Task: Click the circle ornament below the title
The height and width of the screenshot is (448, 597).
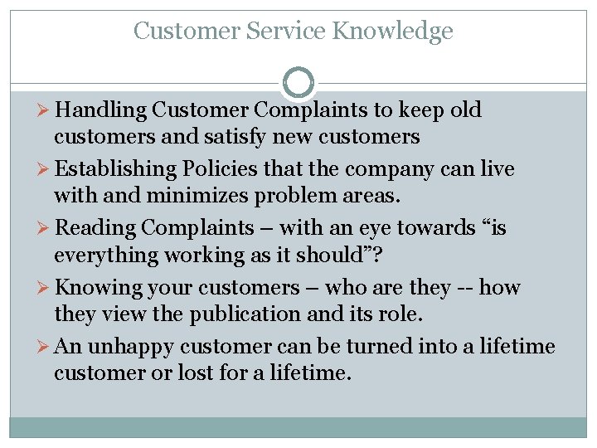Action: click(298, 82)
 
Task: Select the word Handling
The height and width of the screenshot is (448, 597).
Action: click(104, 110)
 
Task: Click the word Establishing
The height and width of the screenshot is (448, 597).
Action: click(115, 169)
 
